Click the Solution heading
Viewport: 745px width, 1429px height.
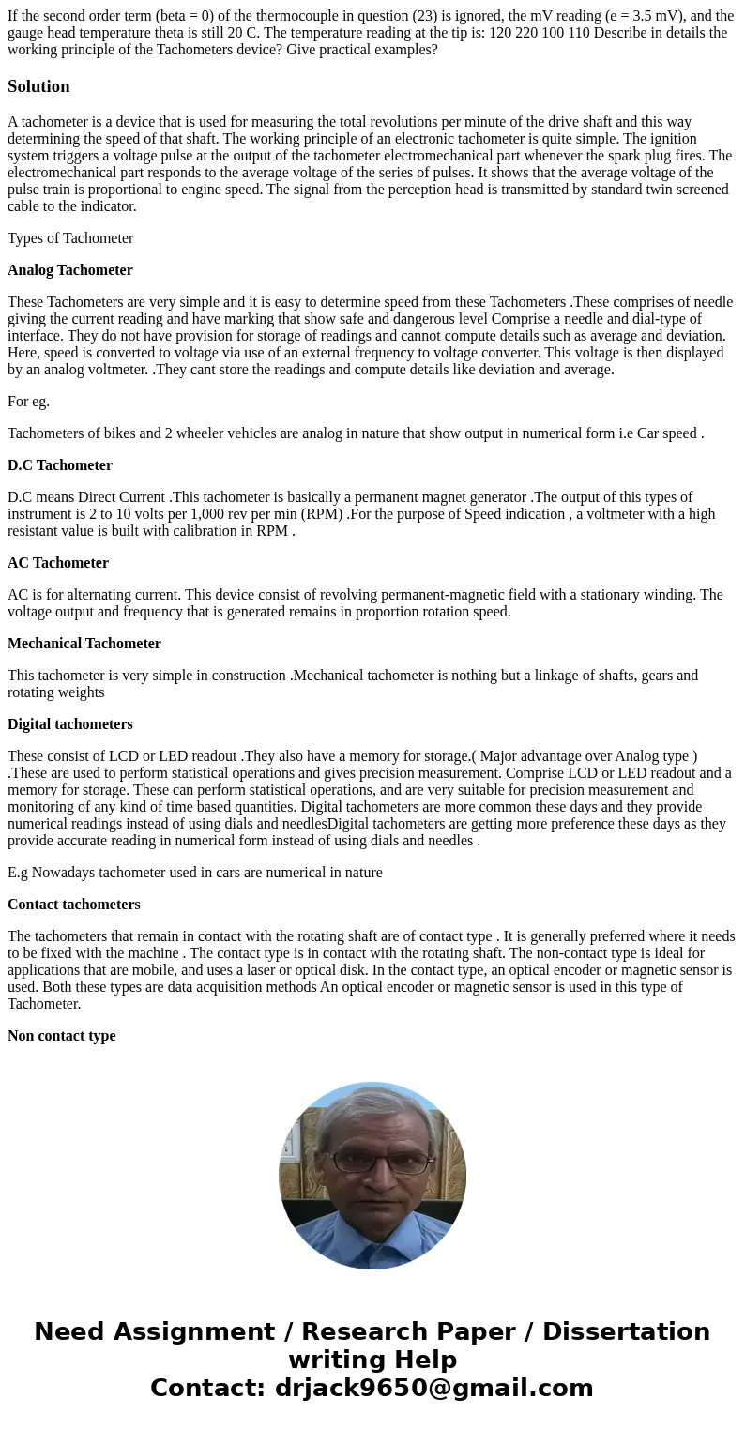point(38,86)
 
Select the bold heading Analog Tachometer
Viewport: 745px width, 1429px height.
point(70,270)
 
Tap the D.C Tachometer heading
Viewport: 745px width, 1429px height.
point(60,465)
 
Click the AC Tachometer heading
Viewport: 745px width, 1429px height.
point(58,563)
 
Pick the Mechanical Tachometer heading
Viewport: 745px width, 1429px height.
point(84,644)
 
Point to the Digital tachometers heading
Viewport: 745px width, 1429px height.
point(70,724)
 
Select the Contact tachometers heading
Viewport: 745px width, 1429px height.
point(74,905)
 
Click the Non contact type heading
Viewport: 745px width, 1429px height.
point(62,1036)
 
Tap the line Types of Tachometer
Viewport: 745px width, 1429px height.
point(70,238)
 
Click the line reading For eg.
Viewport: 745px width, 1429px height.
point(29,402)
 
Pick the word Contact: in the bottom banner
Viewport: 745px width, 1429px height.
point(207,1389)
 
